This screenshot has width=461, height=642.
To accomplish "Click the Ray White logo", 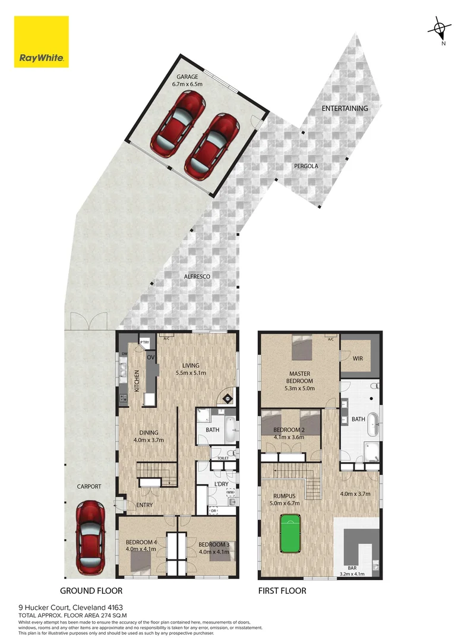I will click(x=42, y=42).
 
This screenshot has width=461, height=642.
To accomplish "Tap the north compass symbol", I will click(x=439, y=29).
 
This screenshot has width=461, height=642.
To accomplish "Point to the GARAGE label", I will click(x=187, y=77).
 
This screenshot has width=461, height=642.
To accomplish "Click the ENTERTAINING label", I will click(x=345, y=109).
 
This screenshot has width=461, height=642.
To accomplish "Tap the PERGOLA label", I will click(x=306, y=166).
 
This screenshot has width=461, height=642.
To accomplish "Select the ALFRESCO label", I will click(x=197, y=276).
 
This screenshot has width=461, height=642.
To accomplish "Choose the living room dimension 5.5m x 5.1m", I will click(x=191, y=374).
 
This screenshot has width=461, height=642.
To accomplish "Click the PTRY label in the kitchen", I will click(x=144, y=342).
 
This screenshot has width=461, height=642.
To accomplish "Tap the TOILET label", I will click(x=223, y=459).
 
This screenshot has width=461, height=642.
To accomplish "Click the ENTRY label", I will click(x=144, y=505).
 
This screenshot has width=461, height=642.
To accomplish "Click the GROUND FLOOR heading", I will click(x=91, y=591).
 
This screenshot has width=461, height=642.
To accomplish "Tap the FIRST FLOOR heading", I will click(x=282, y=591).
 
